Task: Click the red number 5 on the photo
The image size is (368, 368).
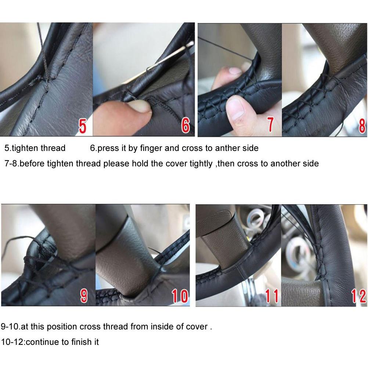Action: coord(82,126)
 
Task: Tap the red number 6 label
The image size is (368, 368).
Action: coord(185,125)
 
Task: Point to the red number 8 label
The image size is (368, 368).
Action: coord(362,126)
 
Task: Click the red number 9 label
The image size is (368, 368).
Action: coord(84,296)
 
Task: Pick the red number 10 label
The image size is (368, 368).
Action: coord(180,296)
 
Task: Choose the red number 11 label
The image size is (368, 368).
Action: coord(272,296)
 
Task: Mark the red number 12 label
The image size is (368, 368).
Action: coord(358,296)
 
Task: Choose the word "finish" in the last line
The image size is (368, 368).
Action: coord(82,342)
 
